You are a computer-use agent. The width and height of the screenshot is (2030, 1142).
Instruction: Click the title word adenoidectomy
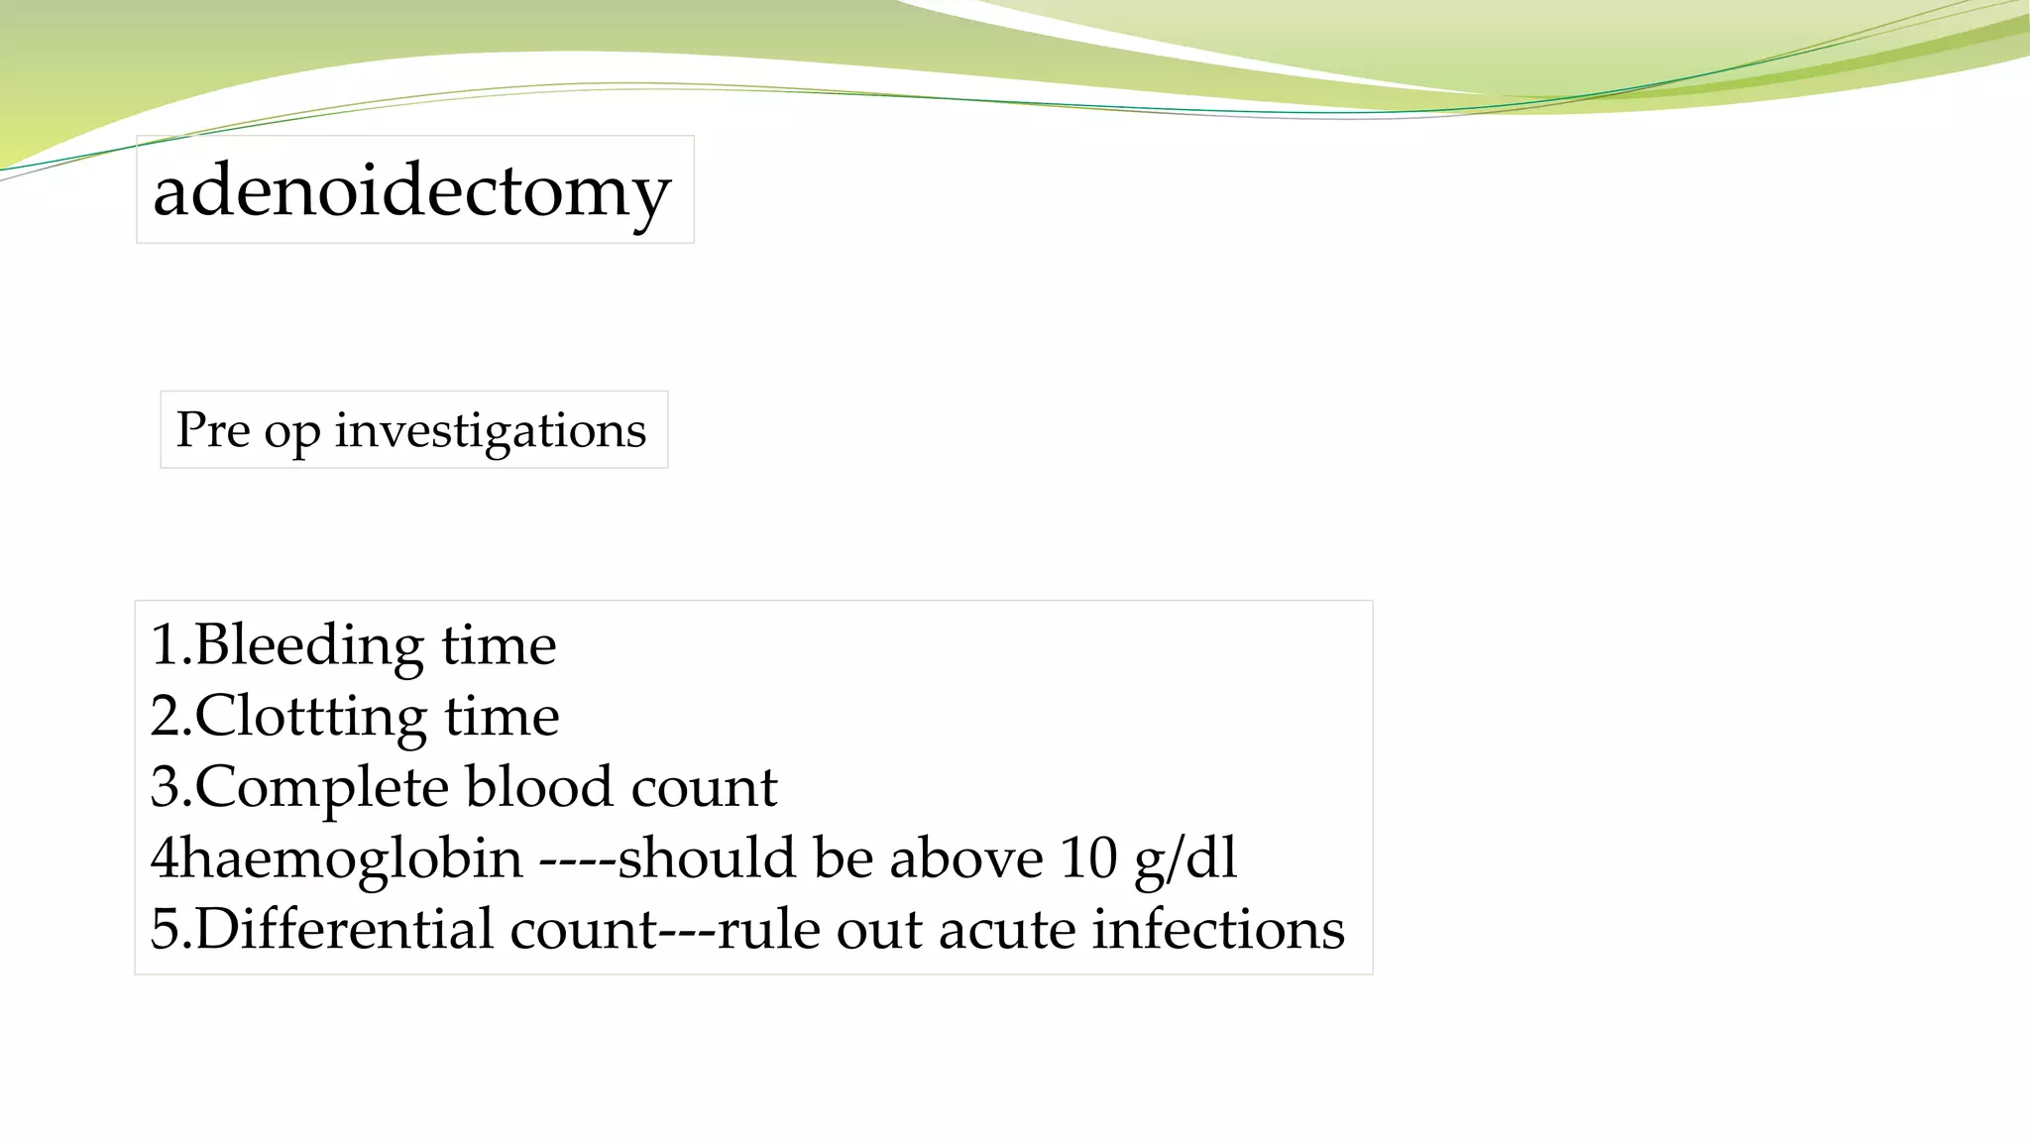[x=412, y=190]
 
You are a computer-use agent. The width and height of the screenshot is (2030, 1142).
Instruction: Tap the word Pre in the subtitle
[x=213, y=429]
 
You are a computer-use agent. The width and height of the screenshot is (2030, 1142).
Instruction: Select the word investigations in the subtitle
[x=490, y=431]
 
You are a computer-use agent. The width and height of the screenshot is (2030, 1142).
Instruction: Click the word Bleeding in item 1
[x=310, y=645]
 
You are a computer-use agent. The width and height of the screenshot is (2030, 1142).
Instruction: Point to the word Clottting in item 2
[x=310, y=717]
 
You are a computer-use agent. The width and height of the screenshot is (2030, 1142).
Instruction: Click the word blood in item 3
[x=539, y=787]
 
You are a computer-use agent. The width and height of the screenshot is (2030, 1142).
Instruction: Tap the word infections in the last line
[x=1218, y=930]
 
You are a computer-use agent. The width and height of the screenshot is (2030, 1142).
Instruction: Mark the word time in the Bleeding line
[x=499, y=645]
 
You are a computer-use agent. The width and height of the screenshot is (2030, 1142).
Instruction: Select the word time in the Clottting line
[x=502, y=717]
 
